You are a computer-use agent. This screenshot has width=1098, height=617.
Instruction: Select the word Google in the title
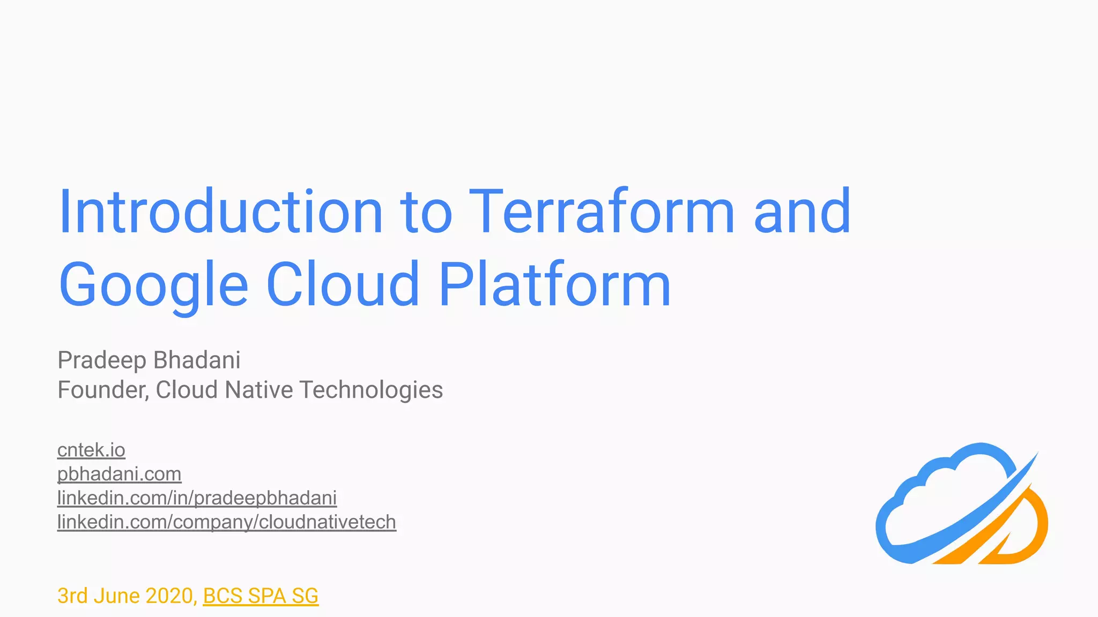153,285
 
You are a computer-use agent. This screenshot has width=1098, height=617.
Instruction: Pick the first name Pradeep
101,360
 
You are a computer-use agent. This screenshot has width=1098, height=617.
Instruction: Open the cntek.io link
91,450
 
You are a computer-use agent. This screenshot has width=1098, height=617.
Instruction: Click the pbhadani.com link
119,474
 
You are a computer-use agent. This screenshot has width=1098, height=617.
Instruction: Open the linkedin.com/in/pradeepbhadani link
197,498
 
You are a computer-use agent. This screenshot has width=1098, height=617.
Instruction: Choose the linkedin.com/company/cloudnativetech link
226,522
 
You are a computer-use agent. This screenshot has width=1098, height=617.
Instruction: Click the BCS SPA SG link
261,596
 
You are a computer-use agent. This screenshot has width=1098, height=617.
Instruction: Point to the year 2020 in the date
169,596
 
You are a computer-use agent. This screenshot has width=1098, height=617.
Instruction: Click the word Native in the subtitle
259,390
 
